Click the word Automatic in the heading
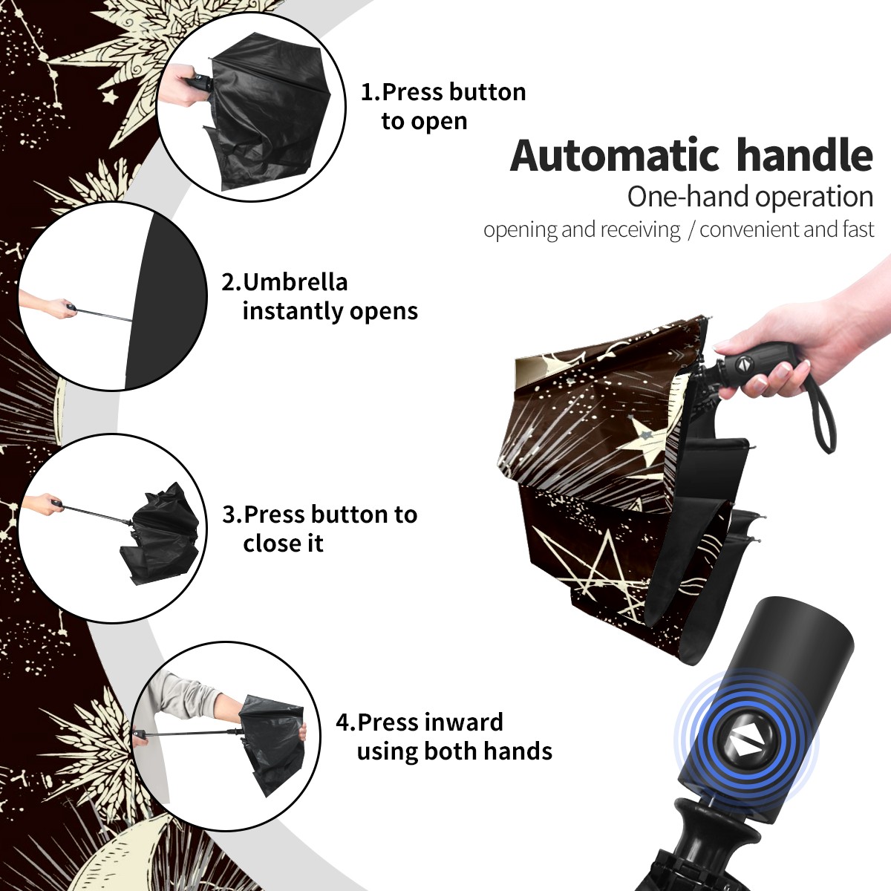[x=615, y=155]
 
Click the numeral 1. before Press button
[x=370, y=92]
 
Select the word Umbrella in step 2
[x=295, y=282]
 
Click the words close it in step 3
[x=283, y=543]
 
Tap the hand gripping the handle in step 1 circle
[x=180, y=86]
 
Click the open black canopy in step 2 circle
[x=164, y=301]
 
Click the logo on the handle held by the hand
[x=742, y=365]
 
